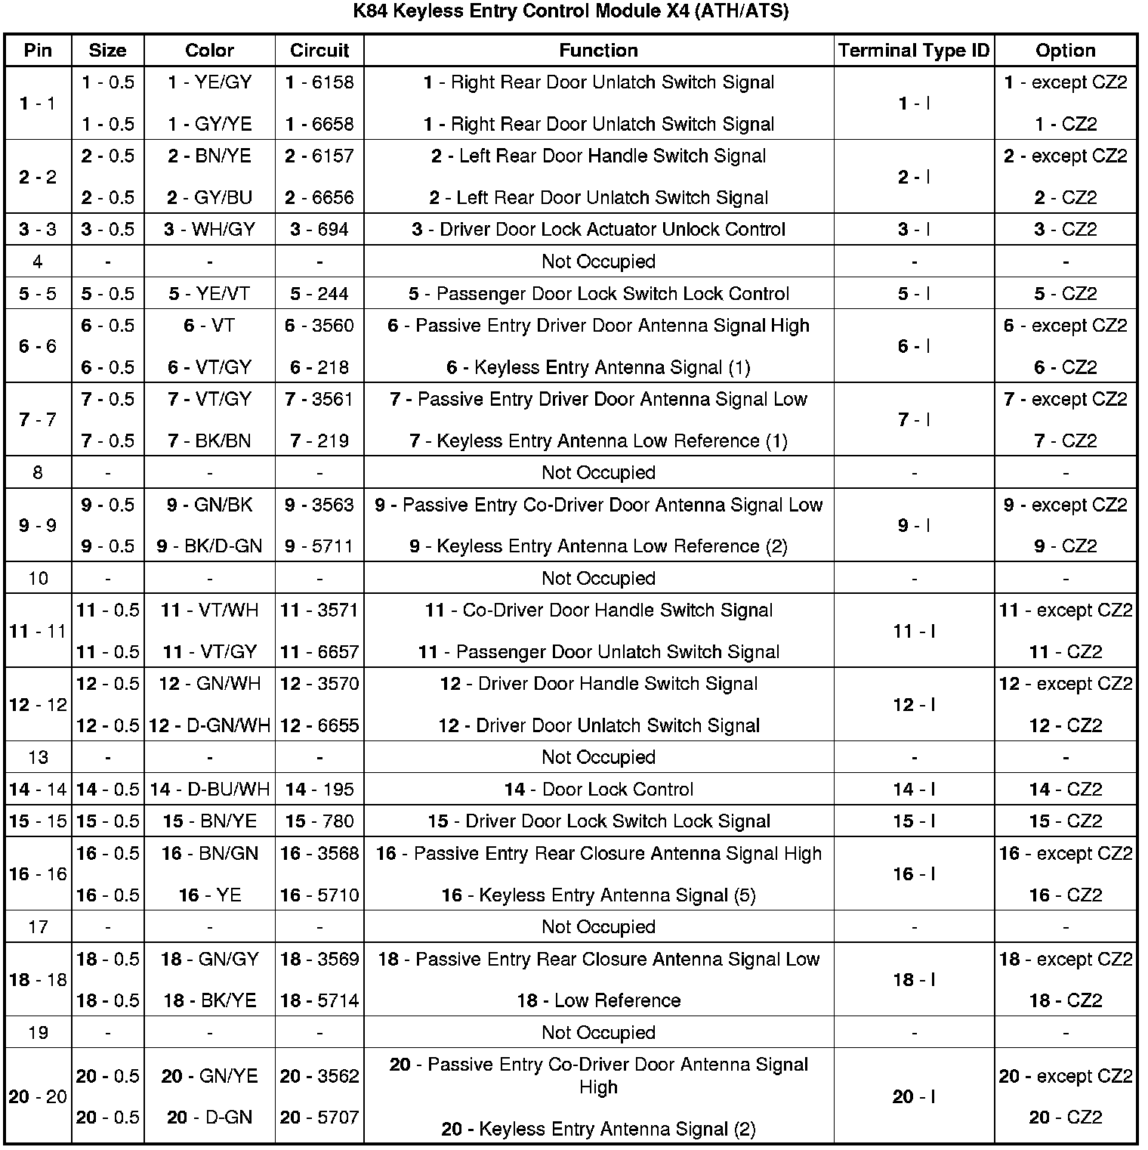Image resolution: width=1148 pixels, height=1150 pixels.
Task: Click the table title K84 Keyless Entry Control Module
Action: point(571,12)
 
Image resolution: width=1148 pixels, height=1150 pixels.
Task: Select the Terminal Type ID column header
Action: point(914,51)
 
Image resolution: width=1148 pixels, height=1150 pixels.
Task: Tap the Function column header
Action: point(598,51)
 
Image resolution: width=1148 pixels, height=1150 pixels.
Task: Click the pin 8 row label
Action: point(38,473)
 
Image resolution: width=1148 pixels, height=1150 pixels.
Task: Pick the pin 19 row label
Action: point(38,1033)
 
